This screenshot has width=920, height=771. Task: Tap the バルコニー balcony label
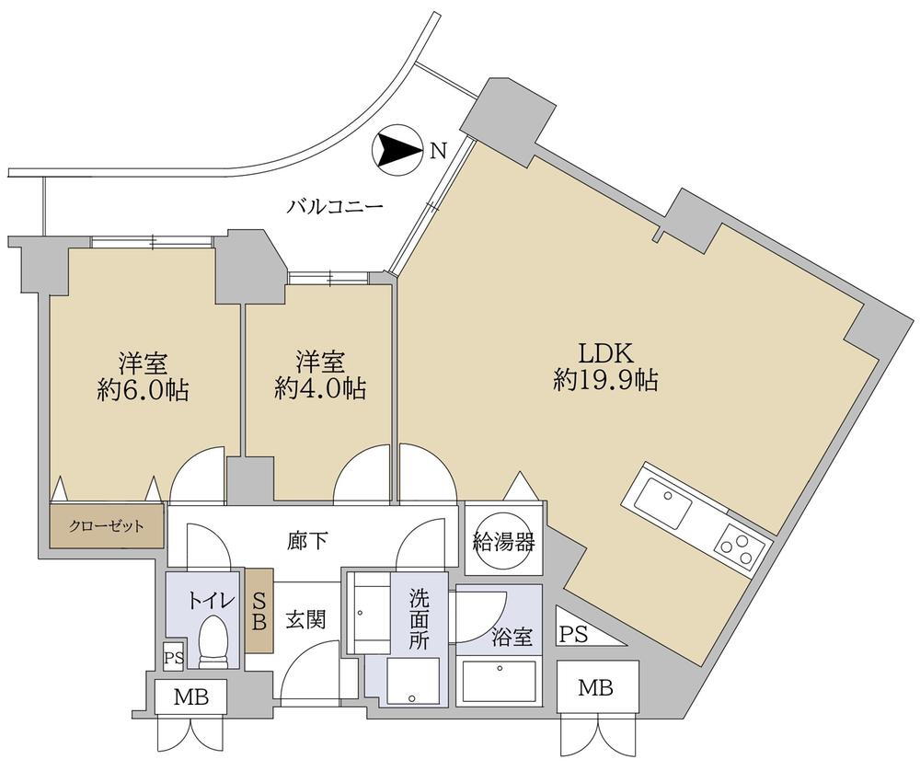click(334, 207)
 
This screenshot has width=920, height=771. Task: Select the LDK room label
click(604, 351)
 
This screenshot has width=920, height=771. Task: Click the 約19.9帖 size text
click(604, 380)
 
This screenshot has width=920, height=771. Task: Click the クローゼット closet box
click(107, 527)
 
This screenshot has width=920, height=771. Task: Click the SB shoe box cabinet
click(259, 611)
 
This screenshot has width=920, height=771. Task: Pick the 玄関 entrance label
click(304, 620)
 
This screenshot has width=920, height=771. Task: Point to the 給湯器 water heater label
click(503, 541)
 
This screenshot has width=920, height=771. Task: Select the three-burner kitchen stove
click(741, 546)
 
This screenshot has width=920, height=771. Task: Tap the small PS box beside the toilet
click(173, 657)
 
